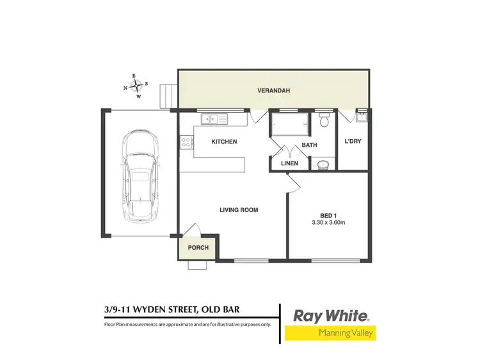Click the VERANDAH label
(x=274, y=91)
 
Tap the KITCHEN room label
(x=225, y=142)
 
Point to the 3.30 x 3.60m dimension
(x=328, y=223)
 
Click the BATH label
(x=310, y=145)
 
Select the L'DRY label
(x=353, y=142)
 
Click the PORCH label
(x=198, y=247)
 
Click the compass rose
(x=135, y=86)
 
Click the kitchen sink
(x=211, y=118)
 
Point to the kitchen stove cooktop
(x=187, y=142)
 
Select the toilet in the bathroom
(x=324, y=120)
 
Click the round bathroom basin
(x=324, y=165)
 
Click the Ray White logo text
(x=330, y=316)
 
